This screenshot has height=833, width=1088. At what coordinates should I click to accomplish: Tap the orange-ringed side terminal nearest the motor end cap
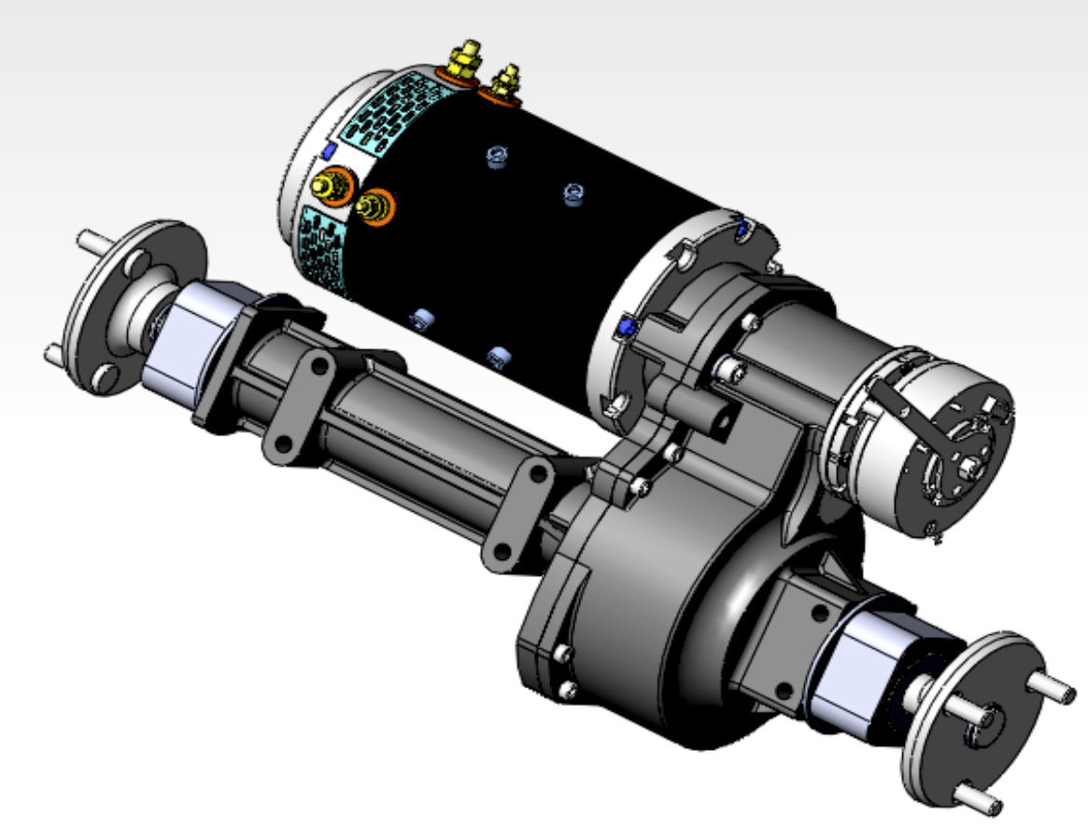(331, 182)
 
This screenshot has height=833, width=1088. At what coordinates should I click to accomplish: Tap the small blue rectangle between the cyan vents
(328, 150)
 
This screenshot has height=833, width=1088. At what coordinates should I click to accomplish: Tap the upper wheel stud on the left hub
(91, 238)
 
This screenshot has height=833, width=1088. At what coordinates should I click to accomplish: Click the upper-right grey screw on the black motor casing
(574, 194)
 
